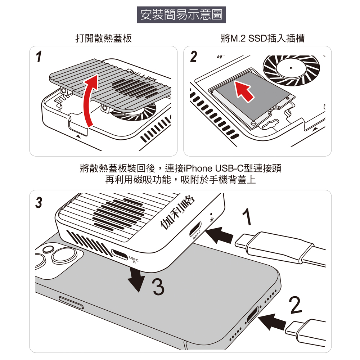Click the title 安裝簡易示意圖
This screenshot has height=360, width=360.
(181, 15)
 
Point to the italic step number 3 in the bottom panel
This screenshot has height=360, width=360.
(39, 202)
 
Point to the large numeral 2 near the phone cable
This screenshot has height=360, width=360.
(295, 305)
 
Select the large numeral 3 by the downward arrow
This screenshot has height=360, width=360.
(158, 287)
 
